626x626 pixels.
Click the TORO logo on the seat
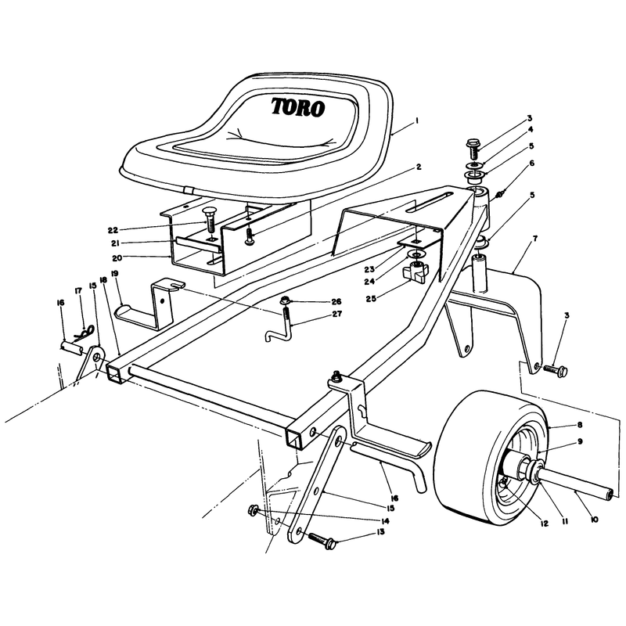pyautogui.click(x=298, y=107)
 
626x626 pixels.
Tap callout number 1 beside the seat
pyautogui.click(x=417, y=120)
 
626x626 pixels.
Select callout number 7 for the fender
pyautogui.click(x=535, y=239)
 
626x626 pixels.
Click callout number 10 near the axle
pyautogui.click(x=594, y=520)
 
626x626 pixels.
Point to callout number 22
pyautogui.click(x=113, y=230)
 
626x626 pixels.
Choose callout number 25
pyautogui.click(x=372, y=298)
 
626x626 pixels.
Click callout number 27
pyautogui.click(x=337, y=314)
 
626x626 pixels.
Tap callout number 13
pyautogui.click(x=380, y=532)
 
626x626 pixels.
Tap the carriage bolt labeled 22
pyautogui.click(x=210, y=220)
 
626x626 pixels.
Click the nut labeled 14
pyautogui.click(x=253, y=510)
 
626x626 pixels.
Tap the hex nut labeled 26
pyautogui.click(x=285, y=300)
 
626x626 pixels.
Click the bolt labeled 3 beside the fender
pyautogui.click(x=556, y=371)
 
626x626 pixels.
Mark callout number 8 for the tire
pyautogui.click(x=580, y=425)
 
